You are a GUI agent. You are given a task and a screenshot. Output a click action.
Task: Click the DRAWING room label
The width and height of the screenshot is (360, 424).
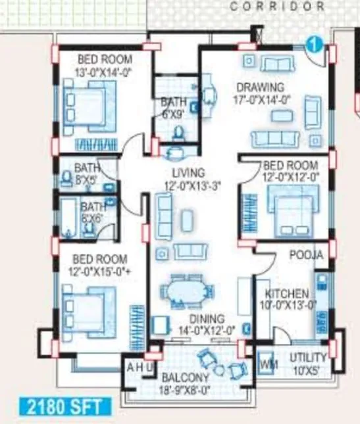[x=260, y=87]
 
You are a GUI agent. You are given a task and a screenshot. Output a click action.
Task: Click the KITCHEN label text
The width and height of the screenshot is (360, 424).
[x=286, y=293]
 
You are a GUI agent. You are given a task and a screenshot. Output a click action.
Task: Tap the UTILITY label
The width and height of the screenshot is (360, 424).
[x=308, y=358]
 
